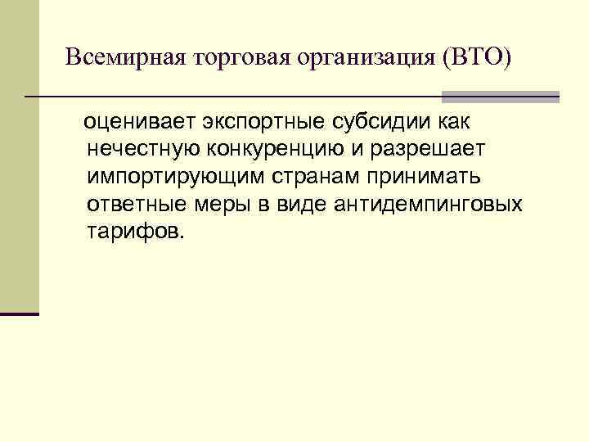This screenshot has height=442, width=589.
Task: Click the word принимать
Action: pos(421,177)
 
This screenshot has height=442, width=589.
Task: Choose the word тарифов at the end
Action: pos(134,231)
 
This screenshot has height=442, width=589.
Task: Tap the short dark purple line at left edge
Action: pos(19,313)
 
